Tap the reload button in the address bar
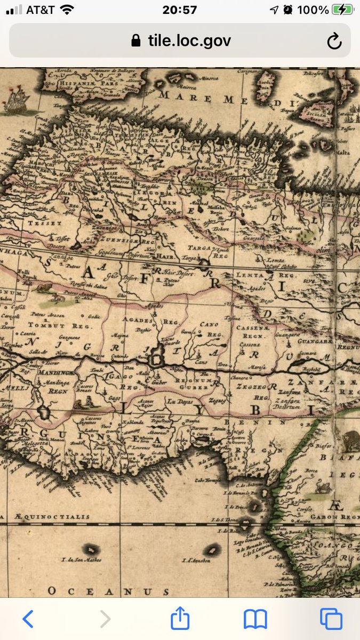(334, 41)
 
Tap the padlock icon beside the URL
(137, 41)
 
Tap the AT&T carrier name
(39, 10)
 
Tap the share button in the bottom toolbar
(180, 619)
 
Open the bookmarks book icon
(255, 619)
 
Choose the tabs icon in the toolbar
(331, 619)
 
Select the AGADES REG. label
(145, 321)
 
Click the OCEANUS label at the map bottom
(108, 591)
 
